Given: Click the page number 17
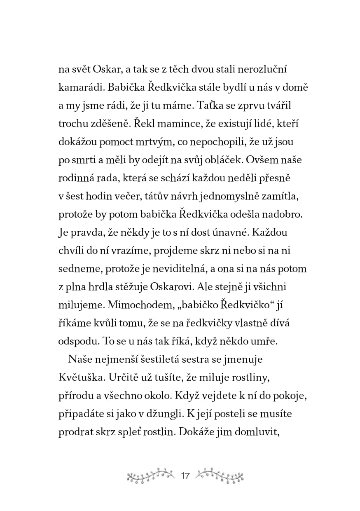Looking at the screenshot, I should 185,476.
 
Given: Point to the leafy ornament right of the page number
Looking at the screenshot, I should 219,476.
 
